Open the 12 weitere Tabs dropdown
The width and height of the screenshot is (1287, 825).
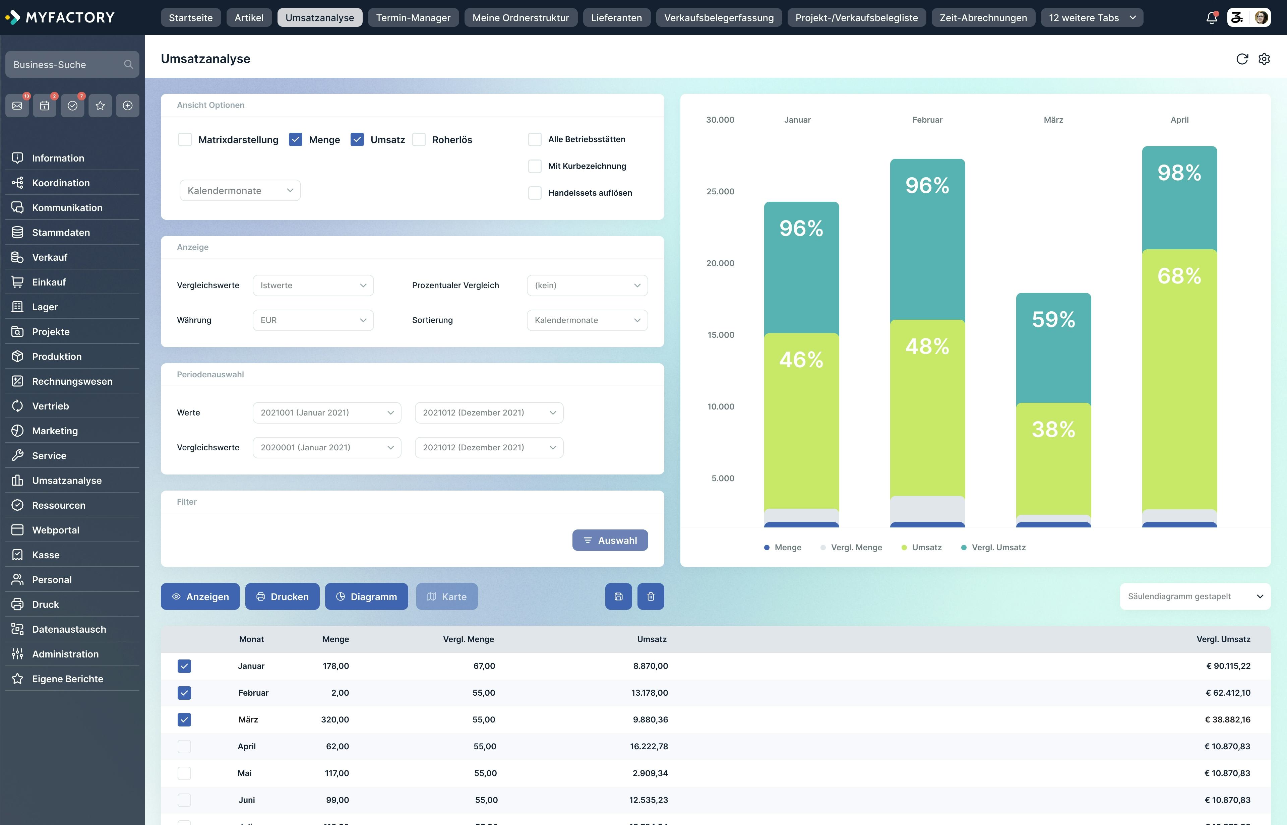[1091, 18]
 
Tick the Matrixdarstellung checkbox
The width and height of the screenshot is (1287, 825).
[185, 140]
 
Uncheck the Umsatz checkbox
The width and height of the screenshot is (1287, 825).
[357, 140]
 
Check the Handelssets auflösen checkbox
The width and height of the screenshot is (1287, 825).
[534, 193]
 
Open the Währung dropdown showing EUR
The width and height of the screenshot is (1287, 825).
[313, 320]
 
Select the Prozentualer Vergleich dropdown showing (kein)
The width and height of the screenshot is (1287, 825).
[587, 285]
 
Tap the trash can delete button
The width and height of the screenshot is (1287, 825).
[651, 597]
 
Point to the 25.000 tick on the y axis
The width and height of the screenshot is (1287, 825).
[720, 192]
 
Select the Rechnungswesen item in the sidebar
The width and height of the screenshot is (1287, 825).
[72, 381]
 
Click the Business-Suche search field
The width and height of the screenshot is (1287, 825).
[67, 65]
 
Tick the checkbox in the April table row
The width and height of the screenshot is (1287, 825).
[184, 746]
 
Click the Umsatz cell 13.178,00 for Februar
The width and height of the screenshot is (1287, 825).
[650, 693]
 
